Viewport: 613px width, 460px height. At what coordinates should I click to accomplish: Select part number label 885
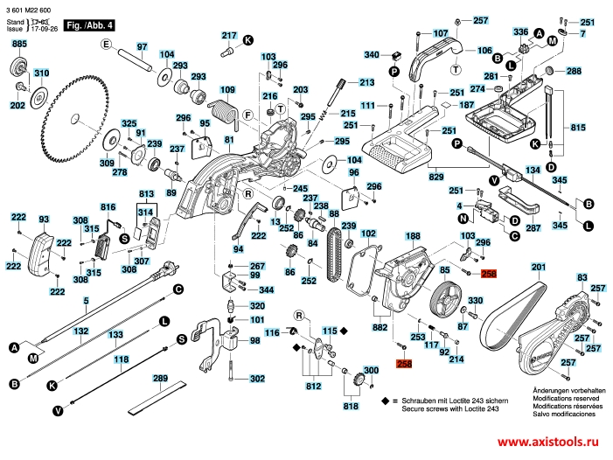pos(18,44)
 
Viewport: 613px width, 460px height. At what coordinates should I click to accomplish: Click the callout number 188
pos(413,237)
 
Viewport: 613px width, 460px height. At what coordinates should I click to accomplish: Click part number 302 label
pos(256,379)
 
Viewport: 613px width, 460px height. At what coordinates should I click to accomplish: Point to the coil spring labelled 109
pos(226,110)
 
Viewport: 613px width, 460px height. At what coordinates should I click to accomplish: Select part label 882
pos(380,326)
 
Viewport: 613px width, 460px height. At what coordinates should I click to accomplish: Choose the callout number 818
pos(350,406)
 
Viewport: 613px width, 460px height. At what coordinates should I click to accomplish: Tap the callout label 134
pos(532,169)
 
